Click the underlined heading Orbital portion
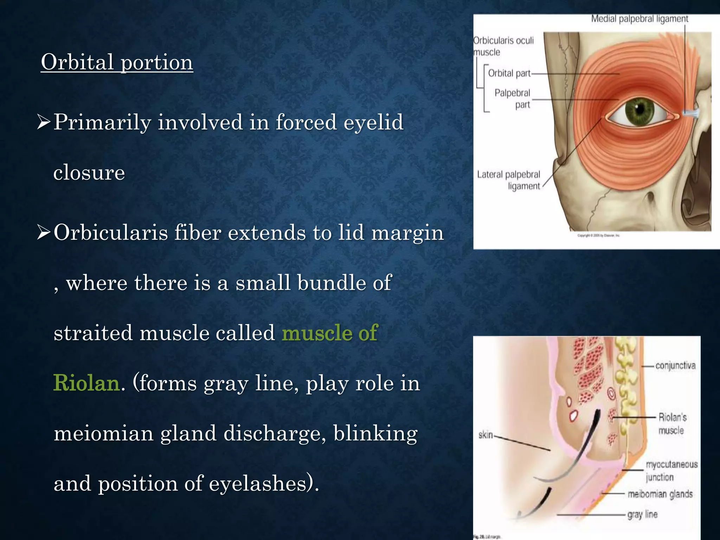click(117, 62)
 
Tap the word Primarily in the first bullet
click(102, 123)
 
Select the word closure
click(89, 173)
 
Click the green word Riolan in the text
click(86, 383)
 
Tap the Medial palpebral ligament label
click(639, 19)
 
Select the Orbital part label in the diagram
click(509, 73)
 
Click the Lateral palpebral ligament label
click(508, 180)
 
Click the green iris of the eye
click(639, 110)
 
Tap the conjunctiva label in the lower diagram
click(675, 366)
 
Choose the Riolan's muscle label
click(672, 424)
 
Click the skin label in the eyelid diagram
click(486, 435)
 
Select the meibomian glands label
click(660, 494)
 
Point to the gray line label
click(642, 515)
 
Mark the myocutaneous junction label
click(671, 471)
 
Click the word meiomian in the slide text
click(103, 433)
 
